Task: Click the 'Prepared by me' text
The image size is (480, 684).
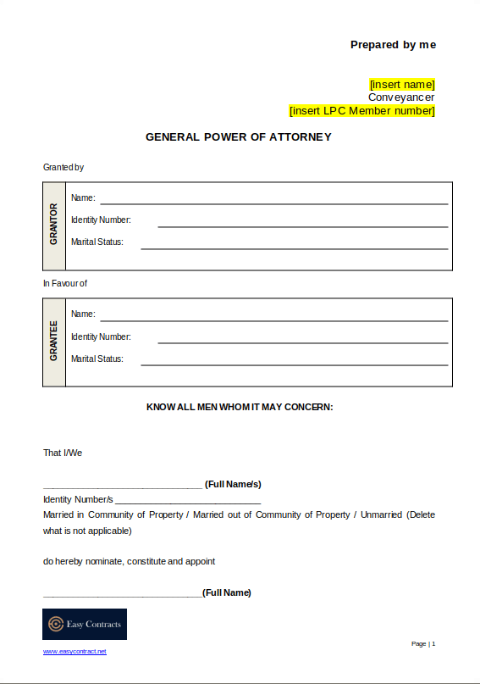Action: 393,45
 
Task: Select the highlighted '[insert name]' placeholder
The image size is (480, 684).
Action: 402,85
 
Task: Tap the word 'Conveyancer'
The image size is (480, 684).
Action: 401,97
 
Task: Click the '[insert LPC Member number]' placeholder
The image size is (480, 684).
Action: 362,111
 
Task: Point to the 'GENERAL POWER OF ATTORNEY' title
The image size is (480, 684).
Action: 239,136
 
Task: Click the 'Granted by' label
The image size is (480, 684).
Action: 63,167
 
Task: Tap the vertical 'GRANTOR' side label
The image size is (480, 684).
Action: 54,225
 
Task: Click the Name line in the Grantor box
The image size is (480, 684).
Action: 273,203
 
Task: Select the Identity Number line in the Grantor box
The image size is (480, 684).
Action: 302,225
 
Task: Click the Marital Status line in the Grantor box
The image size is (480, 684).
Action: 294,247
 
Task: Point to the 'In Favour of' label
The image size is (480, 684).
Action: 65,283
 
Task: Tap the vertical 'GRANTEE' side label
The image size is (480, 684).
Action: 54,341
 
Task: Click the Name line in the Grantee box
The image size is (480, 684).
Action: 273,320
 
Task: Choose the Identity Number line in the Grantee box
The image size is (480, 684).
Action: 302,342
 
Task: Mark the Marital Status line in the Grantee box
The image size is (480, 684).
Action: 294,364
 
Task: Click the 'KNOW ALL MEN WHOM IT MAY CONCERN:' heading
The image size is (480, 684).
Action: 240,407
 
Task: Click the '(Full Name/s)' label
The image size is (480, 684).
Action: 233,484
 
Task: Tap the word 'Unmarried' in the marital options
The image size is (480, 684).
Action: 383,514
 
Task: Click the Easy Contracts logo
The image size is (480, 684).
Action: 85,624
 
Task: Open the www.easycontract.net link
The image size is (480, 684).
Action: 75,651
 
